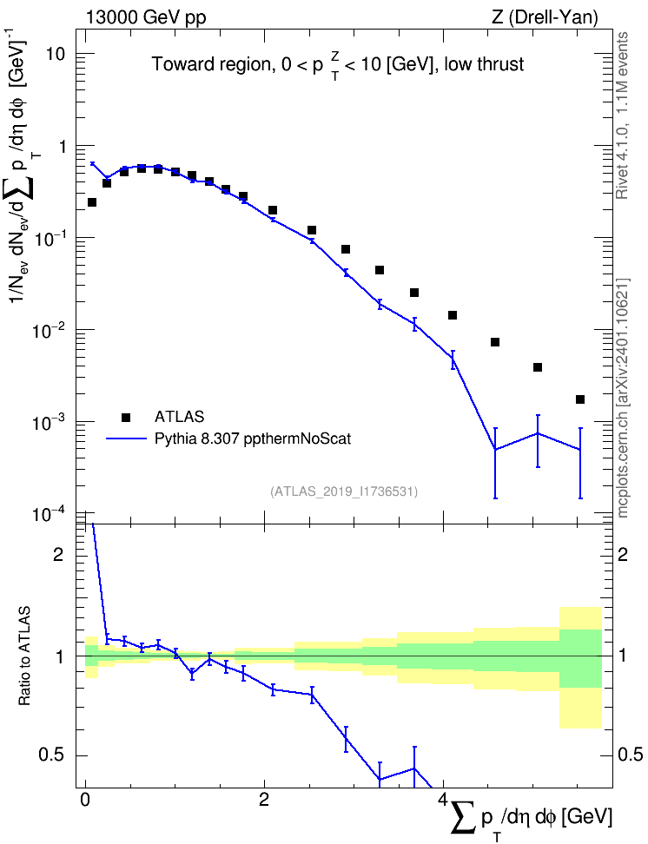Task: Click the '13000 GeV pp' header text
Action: pos(145,17)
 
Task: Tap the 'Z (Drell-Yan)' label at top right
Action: pos(545,17)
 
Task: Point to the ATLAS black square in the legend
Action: pos(126,417)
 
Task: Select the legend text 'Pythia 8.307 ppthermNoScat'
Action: pos(253,438)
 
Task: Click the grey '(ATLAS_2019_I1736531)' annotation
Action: pos(344,491)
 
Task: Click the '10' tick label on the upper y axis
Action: pos(54,54)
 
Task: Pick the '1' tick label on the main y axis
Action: pos(60,147)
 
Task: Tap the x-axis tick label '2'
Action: pos(264,800)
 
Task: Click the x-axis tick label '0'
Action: pos(84,800)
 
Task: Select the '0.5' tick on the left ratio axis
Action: pos(52,755)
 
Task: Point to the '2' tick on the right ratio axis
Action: pos(623,555)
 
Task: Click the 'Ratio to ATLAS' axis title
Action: pos(24,656)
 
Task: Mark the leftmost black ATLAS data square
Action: pos(91,202)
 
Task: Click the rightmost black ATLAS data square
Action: pos(580,399)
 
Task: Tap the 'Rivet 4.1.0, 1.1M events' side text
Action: pos(622,115)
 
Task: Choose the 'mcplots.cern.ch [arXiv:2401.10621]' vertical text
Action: pos(623,398)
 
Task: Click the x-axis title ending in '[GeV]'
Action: pos(531,821)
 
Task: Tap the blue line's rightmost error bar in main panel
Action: pos(580,463)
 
